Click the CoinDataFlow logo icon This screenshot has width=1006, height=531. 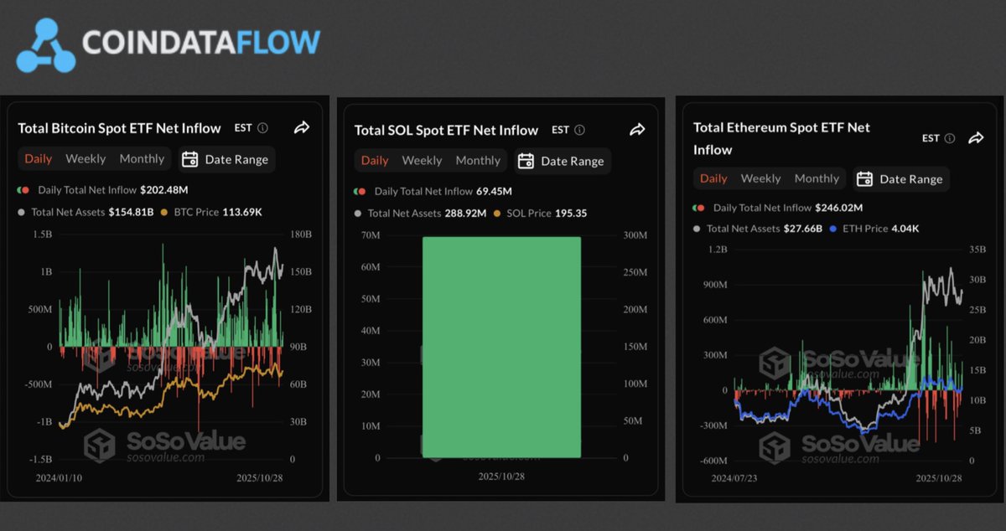(x=46, y=44)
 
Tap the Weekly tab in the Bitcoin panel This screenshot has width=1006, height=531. (x=86, y=158)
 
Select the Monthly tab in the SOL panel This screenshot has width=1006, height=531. (x=478, y=160)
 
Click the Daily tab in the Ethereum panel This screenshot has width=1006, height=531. (x=713, y=178)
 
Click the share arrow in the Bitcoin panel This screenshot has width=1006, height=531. (x=302, y=127)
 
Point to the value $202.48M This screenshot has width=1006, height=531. (x=164, y=190)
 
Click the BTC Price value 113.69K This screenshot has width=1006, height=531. (x=242, y=212)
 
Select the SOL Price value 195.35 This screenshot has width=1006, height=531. (x=571, y=213)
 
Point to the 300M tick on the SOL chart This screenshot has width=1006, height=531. (x=635, y=235)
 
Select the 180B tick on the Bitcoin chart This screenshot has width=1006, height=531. (x=299, y=234)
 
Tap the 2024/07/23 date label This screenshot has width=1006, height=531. (x=735, y=478)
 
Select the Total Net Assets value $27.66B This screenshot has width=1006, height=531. (x=803, y=228)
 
